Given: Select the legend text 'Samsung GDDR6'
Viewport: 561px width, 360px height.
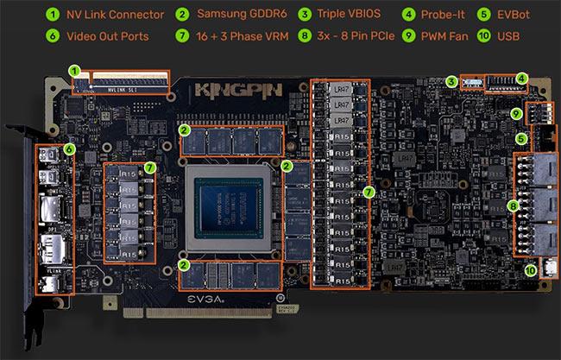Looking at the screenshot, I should click(x=245, y=15).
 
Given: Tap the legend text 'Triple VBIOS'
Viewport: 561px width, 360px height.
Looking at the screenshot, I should click(x=353, y=15).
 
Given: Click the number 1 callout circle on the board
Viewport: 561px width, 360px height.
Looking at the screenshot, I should click(x=75, y=70).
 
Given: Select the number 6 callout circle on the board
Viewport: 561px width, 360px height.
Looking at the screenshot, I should click(x=70, y=148).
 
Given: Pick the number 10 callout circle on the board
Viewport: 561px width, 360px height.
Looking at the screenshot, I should click(x=530, y=268).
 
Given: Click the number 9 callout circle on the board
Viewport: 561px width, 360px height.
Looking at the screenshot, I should click(x=516, y=113).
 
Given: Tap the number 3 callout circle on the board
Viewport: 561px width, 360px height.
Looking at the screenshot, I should click(x=451, y=81).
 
